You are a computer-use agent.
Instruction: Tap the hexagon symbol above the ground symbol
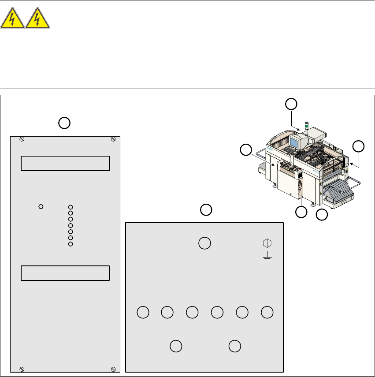point(266,243)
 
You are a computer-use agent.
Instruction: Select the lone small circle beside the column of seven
point(41,206)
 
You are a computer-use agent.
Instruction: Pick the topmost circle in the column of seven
point(71,207)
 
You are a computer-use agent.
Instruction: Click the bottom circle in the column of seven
point(71,244)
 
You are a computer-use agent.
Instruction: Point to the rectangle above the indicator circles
point(65,163)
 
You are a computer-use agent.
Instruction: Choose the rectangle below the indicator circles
point(65,273)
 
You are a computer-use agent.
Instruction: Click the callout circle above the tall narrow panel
point(64,123)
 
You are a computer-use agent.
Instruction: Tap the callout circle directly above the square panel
point(206,210)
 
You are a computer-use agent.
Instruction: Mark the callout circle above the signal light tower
point(291,105)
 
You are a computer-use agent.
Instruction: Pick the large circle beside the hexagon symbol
point(204,243)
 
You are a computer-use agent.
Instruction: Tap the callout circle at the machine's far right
point(359,146)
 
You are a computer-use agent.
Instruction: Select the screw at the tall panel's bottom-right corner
point(113,369)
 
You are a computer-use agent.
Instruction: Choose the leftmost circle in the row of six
point(142,312)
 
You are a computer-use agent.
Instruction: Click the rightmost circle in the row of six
point(267,312)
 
